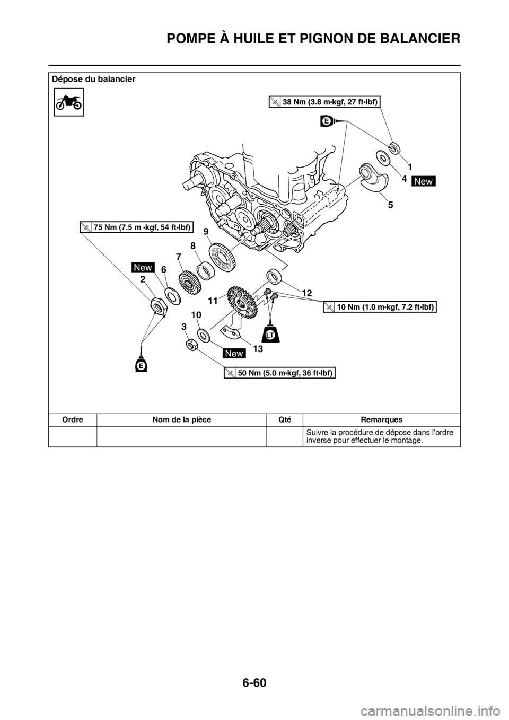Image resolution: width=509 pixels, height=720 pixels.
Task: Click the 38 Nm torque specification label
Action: (x=324, y=102)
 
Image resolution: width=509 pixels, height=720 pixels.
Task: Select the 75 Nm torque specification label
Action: (x=136, y=227)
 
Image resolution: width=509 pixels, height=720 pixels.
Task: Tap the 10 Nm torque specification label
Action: (x=380, y=307)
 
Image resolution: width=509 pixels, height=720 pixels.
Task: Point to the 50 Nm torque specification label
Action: (x=279, y=373)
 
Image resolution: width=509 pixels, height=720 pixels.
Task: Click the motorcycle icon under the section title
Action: (x=69, y=102)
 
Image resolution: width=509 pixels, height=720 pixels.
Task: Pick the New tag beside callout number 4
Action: (x=424, y=181)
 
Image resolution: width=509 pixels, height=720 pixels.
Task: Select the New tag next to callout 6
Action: (x=143, y=267)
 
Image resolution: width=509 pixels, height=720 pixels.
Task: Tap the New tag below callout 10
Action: (x=234, y=353)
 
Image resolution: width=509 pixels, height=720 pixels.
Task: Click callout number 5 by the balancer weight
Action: (x=390, y=205)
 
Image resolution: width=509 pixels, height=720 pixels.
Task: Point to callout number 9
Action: (x=206, y=231)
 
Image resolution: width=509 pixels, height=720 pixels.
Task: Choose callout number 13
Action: (x=257, y=348)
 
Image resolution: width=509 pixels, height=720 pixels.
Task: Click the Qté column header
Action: (x=284, y=419)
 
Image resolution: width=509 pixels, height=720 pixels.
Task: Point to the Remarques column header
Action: (x=381, y=419)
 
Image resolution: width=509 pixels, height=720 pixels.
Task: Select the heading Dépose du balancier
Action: (x=93, y=79)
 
